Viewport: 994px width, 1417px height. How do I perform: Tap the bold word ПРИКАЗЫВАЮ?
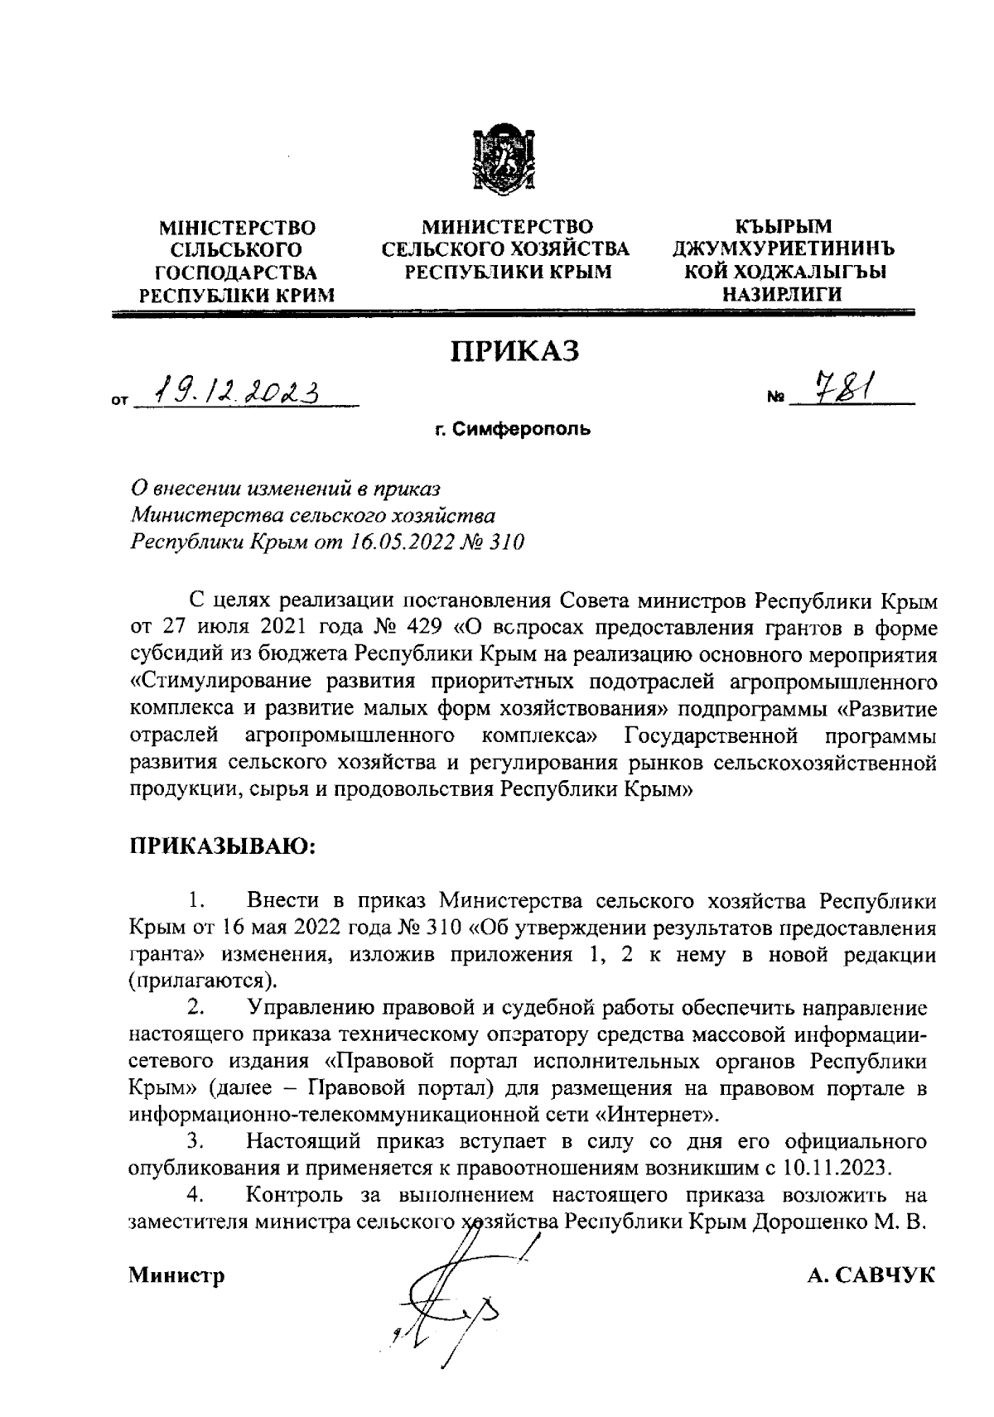tap(223, 846)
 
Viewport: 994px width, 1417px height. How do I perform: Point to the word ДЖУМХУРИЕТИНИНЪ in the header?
tap(783, 248)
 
